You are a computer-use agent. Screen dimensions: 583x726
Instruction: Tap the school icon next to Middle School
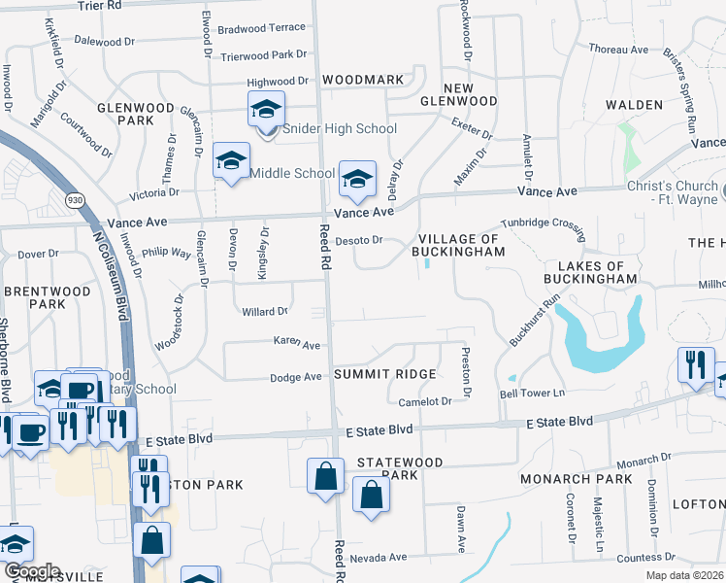tap(231, 162)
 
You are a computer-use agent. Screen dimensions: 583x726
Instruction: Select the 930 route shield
tap(73, 199)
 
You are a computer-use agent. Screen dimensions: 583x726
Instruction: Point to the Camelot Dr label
tap(425, 401)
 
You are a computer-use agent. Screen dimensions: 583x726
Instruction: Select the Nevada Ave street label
tap(379, 558)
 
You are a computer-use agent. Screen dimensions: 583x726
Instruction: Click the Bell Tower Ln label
tap(531, 394)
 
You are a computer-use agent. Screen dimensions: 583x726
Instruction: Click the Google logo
tap(32, 571)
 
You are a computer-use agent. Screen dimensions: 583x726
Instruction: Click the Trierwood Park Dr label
tap(263, 55)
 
